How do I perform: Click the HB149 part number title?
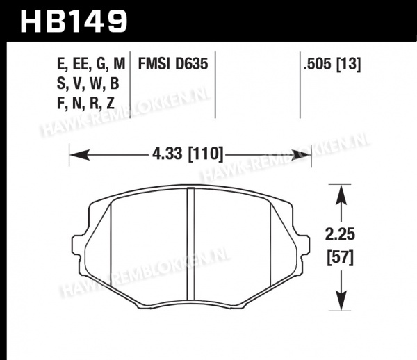pos(74,22)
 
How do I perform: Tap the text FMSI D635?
pos(173,64)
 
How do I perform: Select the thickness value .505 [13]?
pos(332,65)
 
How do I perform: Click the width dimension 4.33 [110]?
pos(188,154)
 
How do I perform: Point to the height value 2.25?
pos(340,234)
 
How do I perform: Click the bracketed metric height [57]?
pos(341,258)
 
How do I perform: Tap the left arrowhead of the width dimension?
pos(79,155)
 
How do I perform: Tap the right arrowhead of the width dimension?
pos(301,155)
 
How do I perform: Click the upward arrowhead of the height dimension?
pos(341,195)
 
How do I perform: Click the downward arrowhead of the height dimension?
pos(341,300)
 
